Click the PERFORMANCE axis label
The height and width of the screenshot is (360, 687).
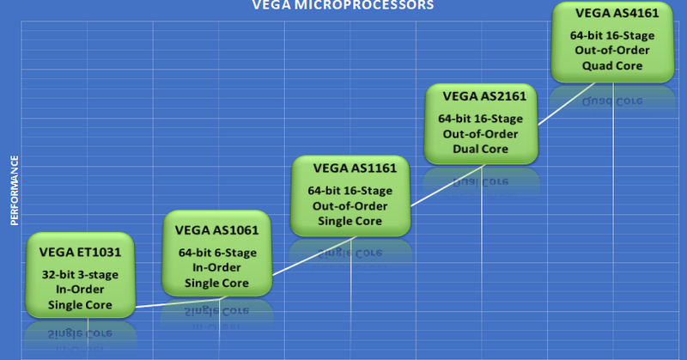[x=15, y=190]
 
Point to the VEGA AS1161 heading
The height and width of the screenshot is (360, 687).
[x=350, y=168]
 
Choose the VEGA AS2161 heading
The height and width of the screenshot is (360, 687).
[x=482, y=95]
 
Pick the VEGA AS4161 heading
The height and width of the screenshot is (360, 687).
[x=612, y=15]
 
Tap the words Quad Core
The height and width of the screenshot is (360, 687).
[x=612, y=66]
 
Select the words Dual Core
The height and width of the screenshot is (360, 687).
[x=482, y=148]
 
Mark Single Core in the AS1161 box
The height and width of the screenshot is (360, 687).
[x=350, y=220]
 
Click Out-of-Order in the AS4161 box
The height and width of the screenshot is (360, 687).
[x=612, y=51]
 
